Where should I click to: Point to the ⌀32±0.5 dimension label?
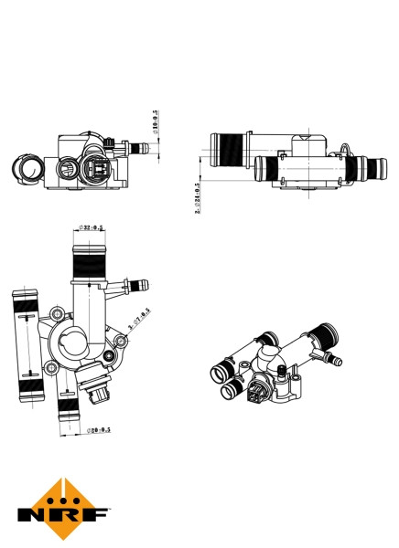91,227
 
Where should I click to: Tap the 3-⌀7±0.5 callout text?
140,320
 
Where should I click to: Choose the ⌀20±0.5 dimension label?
98,428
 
